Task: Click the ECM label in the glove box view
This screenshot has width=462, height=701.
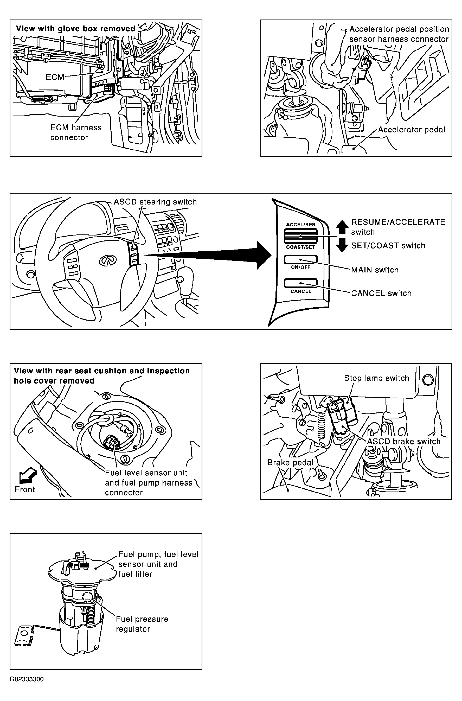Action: coord(55,77)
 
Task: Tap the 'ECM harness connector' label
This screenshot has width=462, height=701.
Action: coord(76,132)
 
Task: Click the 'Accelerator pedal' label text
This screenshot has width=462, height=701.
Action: coord(412,130)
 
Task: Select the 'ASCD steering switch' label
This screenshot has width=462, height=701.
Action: coord(155,202)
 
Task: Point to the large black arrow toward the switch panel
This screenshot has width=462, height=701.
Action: coord(206,255)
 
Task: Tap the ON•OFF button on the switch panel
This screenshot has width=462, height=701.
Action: coord(300,260)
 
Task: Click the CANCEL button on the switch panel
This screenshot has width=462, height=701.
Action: coord(300,283)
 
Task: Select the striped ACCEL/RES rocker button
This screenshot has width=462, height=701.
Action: coord(300,236)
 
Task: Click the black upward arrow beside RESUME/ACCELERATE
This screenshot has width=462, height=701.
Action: coord(342,227)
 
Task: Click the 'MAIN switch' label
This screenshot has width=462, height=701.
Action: coord(375,270)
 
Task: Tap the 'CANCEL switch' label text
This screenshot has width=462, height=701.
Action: coord(381,294)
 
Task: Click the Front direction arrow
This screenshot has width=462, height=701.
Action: coord(28,476)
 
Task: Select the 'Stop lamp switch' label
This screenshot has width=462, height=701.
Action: coord(377,378)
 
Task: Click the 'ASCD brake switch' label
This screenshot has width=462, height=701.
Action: coord(404,441)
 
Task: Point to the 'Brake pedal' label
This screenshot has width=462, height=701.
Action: coord(290,463)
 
